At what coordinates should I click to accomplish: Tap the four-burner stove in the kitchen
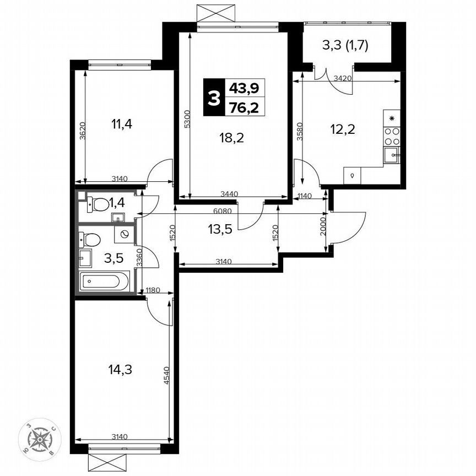(x=392, y=136)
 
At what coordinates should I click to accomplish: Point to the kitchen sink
(x=392, y=155)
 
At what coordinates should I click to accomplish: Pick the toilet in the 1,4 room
(x=98, y=204)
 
